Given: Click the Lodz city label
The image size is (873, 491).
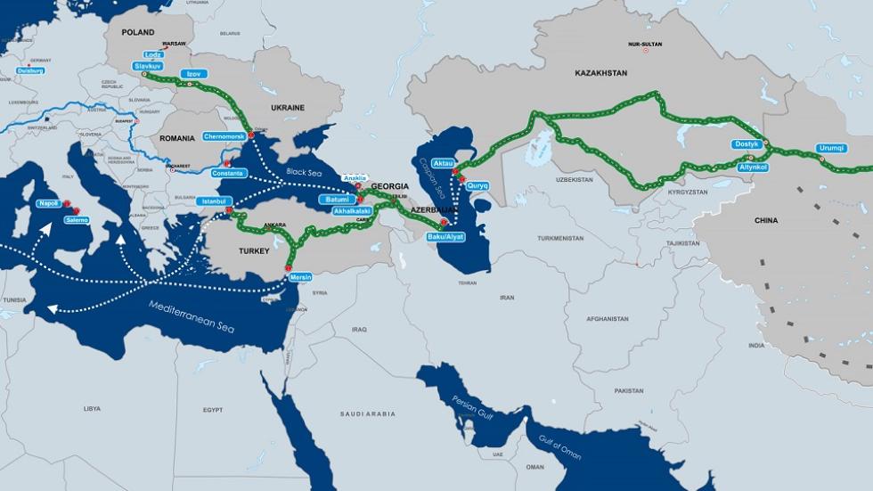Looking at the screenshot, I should coord(153,54).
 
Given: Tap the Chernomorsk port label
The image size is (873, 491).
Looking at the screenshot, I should coord(224,136).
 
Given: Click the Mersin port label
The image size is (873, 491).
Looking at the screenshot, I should coord(301,278).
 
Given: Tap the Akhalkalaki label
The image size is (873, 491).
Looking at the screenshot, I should coord(350,211).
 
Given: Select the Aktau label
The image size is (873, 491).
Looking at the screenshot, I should coord(443,164).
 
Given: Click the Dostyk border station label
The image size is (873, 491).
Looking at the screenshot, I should coord(747,143).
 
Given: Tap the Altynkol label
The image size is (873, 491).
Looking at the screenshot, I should coord(753,167).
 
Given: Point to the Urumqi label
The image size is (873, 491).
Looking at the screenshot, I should coord(831,148).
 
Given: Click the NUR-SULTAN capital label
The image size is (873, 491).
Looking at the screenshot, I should coord(646,44).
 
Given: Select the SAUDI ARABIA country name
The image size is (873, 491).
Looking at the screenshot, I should coord(367,413).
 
